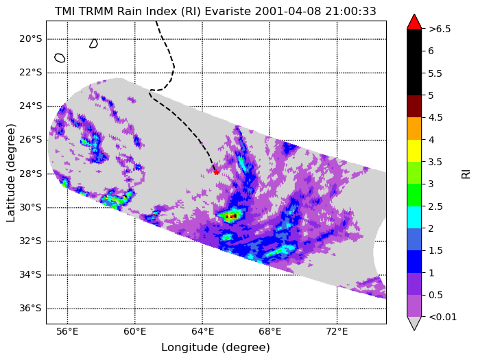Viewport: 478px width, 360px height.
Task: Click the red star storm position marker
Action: point(216,172)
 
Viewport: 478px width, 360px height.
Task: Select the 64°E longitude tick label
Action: point(202,332)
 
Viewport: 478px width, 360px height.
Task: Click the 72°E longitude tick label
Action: point(337,332)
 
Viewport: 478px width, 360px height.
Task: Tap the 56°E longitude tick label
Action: point(67,332)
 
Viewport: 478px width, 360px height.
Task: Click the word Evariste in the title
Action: point(228,11)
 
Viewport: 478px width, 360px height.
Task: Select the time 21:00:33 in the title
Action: point(350,11)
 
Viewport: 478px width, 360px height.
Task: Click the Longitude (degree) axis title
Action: point(216,348)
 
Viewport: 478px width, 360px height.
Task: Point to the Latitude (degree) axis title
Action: point(11,173)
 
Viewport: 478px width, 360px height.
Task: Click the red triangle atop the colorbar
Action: point(414,22)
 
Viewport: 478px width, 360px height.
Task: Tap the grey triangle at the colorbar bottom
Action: point(414,324)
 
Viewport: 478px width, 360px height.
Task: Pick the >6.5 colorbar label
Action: point(440,29)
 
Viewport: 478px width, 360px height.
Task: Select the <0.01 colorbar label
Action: point(443,317)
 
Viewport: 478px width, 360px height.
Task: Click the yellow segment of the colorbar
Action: point(414,151)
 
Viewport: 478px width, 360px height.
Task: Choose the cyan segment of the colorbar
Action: point(414,217)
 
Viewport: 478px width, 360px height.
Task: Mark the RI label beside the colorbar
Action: point(466,174)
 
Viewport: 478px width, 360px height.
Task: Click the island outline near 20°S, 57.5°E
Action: point(93,44)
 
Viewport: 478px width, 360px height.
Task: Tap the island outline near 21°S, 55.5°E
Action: point(60,58)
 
